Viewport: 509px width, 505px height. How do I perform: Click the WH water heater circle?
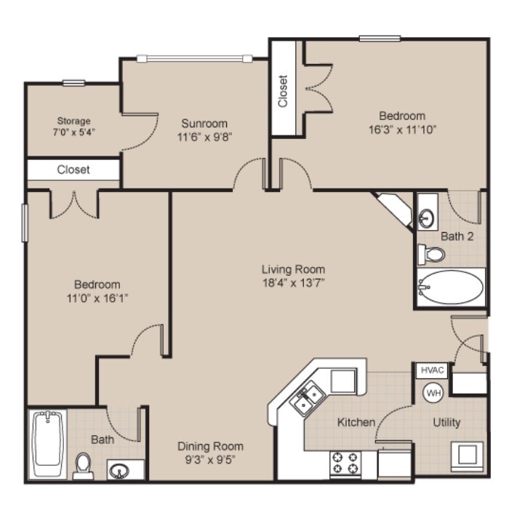tap(433, 392)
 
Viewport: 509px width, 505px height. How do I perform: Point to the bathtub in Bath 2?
tap(451, 287)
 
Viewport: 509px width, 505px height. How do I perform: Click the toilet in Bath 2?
tap(431, 254)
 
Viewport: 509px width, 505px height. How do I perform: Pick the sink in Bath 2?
tap(428, 217)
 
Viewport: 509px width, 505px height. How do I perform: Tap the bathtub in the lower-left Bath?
tap(49, 441)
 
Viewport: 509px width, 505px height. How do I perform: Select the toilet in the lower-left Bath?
tap(84, 466)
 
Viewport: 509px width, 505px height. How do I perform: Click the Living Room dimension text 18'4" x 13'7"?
tap(293, 283)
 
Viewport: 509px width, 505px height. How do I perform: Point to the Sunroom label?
tap(204, 123)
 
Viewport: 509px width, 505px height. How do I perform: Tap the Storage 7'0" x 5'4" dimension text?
tap(74, 133)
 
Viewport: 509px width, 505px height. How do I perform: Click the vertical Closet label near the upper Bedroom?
tap(283, 91)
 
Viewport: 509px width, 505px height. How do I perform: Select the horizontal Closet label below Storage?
tap(73, 170)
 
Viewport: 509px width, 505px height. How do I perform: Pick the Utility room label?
tap(446, 423)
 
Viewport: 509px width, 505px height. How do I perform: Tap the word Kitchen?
tap(356, 422)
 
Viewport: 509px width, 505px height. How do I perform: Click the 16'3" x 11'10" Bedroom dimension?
tap(401, 129)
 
